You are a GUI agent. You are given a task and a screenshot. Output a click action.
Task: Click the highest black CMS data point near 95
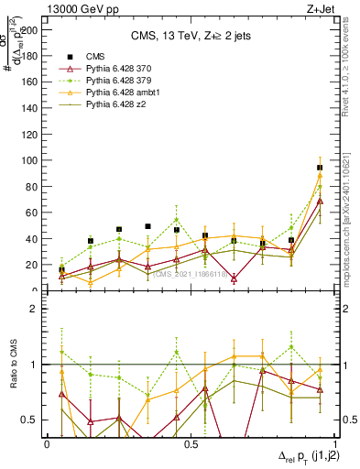click(320, 168)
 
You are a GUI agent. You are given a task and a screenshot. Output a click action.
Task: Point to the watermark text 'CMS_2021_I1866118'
click(191, 274)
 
